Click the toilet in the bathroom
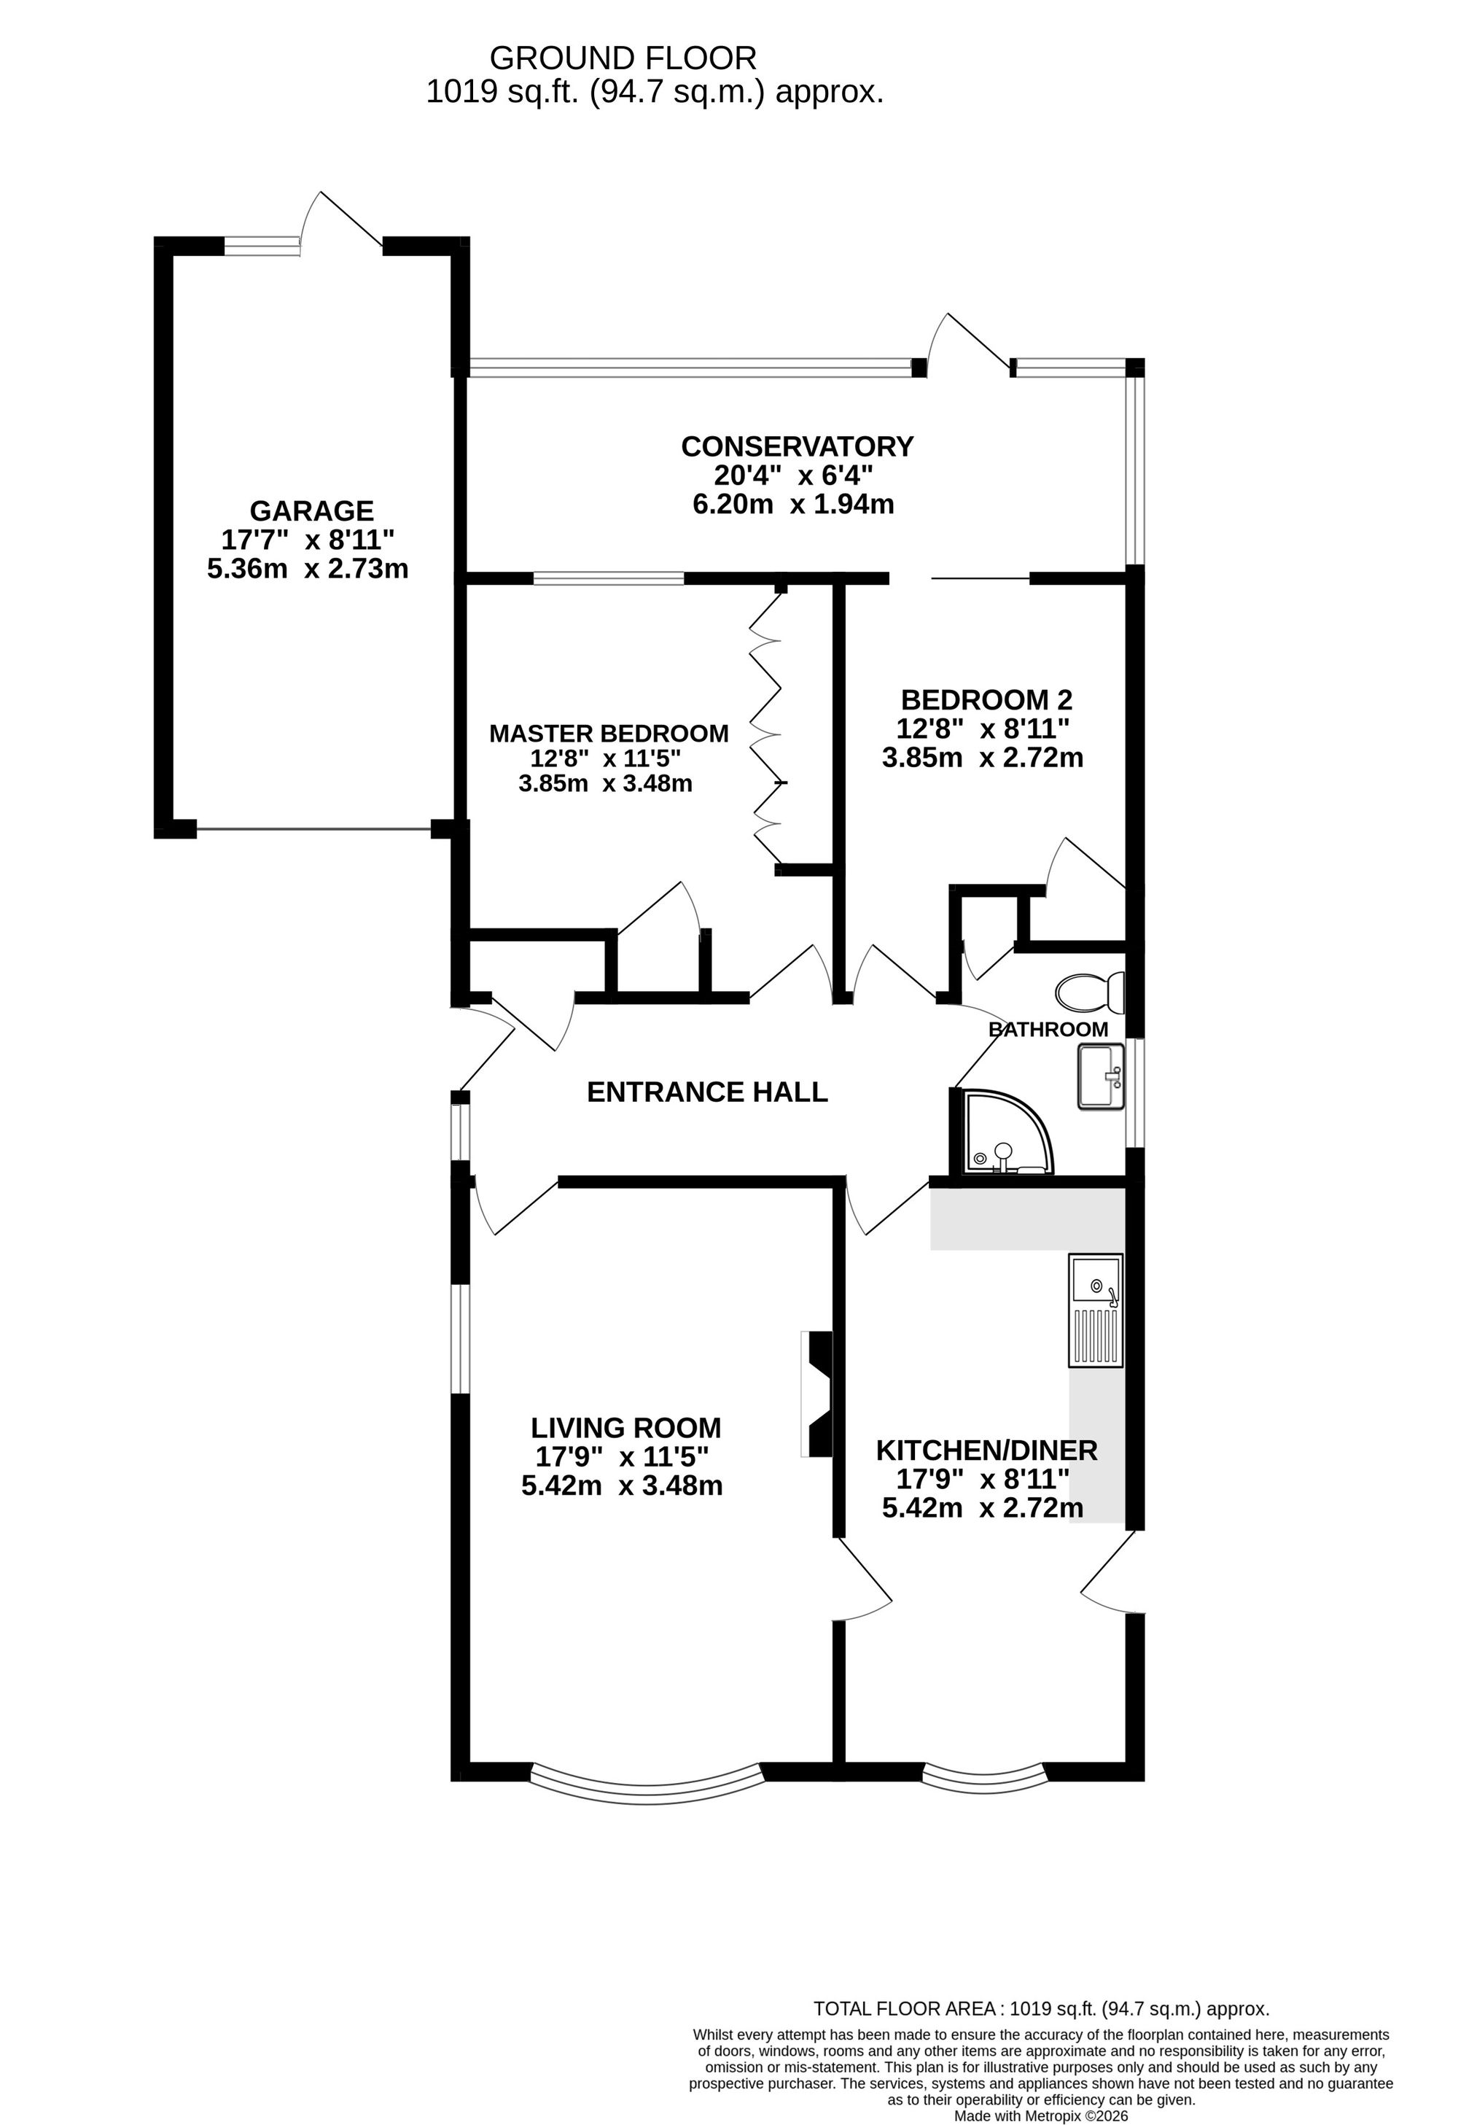point(1090,991)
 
